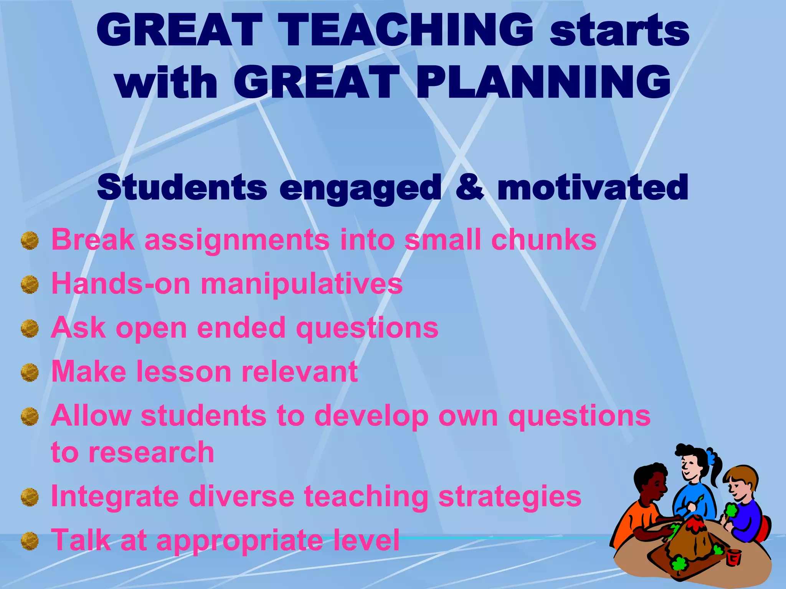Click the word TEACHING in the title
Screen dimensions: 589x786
point(405,30)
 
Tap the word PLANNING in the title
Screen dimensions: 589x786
point(543,82)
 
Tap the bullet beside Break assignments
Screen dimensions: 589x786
point(30,240)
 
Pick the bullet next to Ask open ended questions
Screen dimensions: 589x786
point(30,329)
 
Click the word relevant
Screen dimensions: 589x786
point(300,372)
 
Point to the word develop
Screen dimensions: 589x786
point(371,416)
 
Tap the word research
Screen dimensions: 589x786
point(151,452)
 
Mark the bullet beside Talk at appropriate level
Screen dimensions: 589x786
point(30,541)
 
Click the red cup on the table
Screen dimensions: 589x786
point(733,557)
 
